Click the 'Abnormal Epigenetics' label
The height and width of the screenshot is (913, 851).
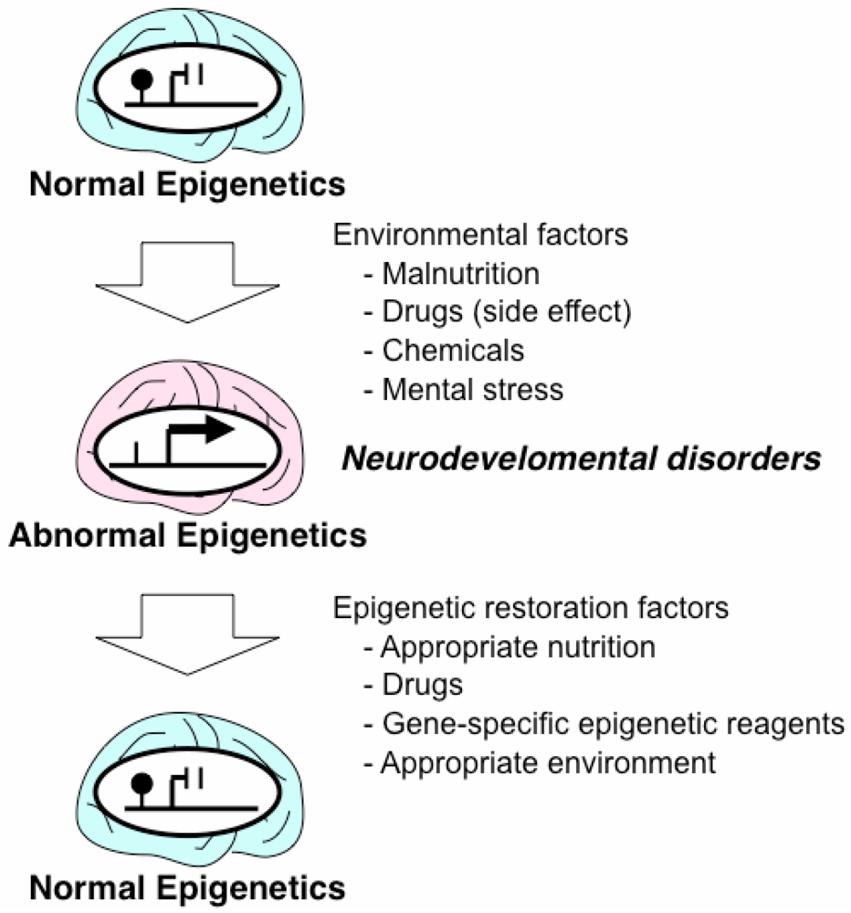(188, 534)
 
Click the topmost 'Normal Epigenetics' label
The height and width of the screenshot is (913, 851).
(187, 185)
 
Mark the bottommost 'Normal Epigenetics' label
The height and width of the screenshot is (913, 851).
(187, 887)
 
